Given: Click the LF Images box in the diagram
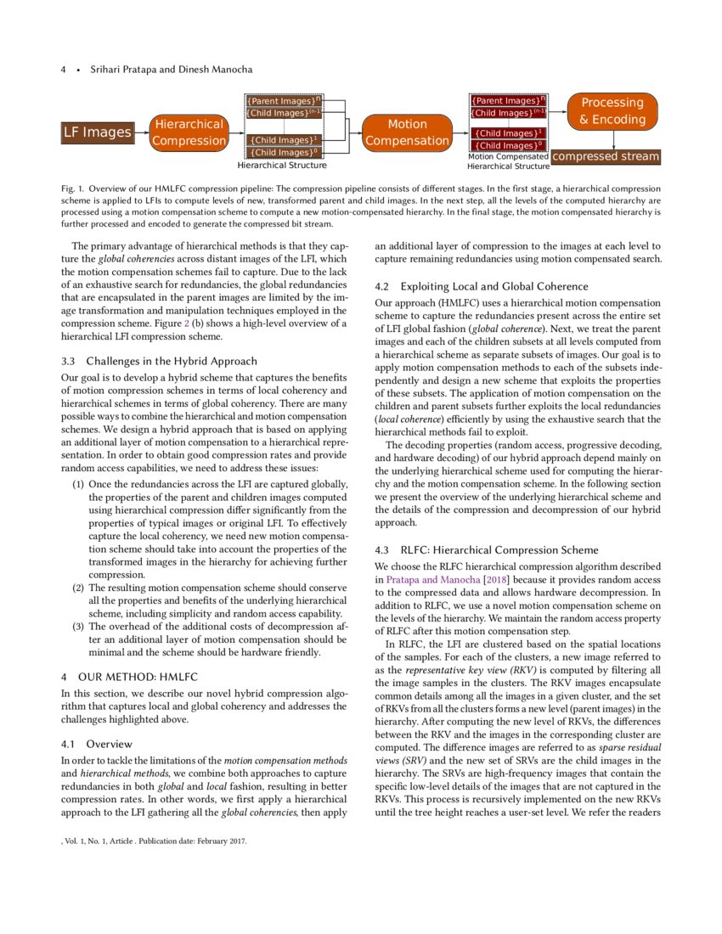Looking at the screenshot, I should pyautogui.click(x=98, y=132).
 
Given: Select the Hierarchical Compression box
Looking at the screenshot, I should pyautogui.click(x=189, y=132).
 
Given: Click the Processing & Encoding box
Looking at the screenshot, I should pyautogui.click(x=612, y=111).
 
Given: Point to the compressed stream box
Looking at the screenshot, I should pyautogui.click(x=605, y=156).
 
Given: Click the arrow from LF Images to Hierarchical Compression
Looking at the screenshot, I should pyautogui.click(x=141, y=132).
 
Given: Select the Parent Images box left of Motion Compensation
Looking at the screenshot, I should pyautogui.click(x=282, y=101).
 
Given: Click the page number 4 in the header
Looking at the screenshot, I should pyautogui.click(x=63, y=69).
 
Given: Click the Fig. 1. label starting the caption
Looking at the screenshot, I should pyautogui.click(x=74, y=187).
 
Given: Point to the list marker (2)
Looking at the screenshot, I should pyautogui.click(x=77, y=588).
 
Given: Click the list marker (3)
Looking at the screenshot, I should pyautogui.click(x=77, y=627).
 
